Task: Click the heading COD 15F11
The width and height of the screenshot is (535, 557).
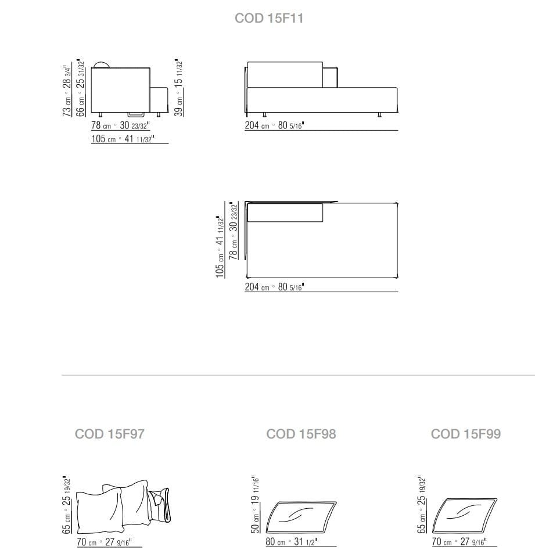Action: point(268,19)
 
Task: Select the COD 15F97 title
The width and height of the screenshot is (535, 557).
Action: point(110,434)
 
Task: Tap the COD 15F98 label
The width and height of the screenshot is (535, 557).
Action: point(301,434)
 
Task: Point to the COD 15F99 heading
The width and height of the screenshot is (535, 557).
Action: point(465,434)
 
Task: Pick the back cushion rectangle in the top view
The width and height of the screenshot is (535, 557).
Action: point(285,213)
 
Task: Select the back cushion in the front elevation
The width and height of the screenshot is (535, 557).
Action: point(285,74)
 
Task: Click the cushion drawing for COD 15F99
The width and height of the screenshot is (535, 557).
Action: point(468,515)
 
